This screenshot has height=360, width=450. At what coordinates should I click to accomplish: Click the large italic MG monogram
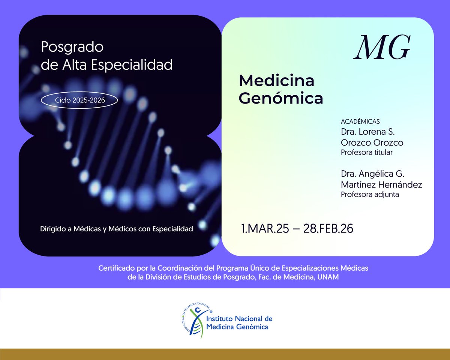click(382, 48)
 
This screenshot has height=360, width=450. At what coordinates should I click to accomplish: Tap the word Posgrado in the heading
click(72, 47)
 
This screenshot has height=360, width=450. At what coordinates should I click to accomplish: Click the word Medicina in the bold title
click(277, 80)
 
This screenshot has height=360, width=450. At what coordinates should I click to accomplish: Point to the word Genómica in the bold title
click(281, 98)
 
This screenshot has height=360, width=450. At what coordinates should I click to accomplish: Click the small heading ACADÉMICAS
click(360, 122)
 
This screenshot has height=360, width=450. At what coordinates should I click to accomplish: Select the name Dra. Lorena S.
click(370, 132)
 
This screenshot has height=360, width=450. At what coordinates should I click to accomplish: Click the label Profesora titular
click(367, 153)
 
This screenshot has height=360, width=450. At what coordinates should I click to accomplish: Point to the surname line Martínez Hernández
click(381, 185)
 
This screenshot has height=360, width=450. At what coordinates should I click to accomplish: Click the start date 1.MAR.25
click(265, 229)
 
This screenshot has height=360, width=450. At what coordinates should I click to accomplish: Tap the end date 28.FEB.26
click(328, 229)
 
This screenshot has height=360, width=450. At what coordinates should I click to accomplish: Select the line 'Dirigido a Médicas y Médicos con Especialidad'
click(117, 229)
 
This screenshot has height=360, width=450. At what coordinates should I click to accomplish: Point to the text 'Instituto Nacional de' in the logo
click(239, 319)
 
